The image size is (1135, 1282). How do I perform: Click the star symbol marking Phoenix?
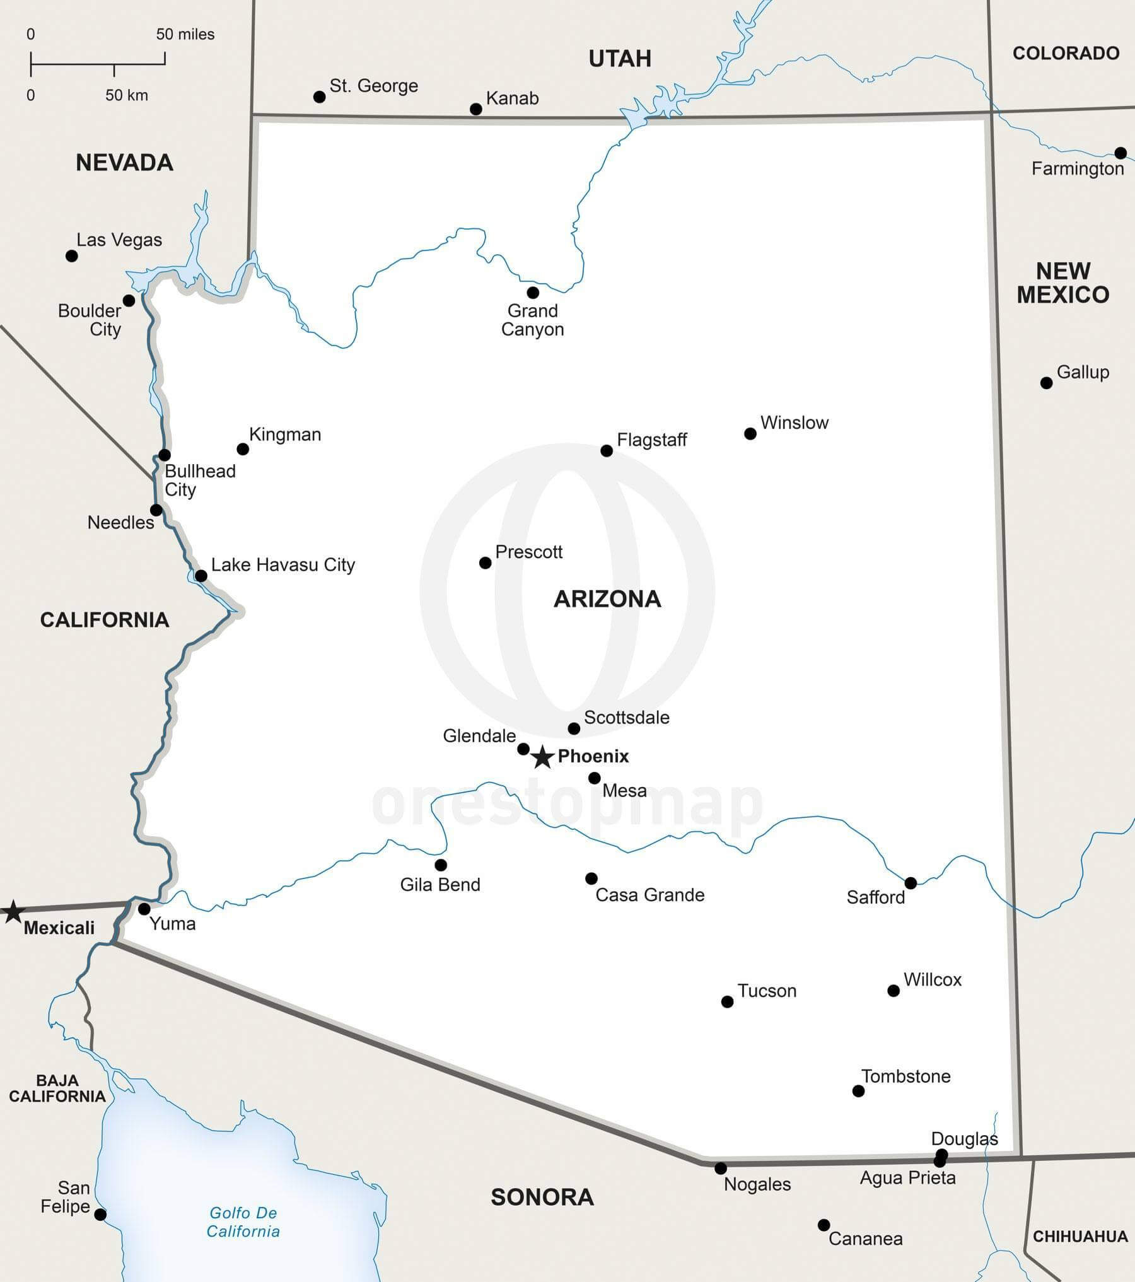click(x=542, y=757)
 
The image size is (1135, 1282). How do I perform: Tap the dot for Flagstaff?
click(x=607, y=450)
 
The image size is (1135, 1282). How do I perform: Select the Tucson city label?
click(x=767, y=991)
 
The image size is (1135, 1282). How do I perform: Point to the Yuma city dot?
click(x=144, y=909)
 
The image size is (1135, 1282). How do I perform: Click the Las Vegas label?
click(x=119, y=240)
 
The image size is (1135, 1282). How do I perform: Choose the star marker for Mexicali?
click(x=13, y=912)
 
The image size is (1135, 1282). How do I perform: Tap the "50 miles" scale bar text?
click(x=185, y=34)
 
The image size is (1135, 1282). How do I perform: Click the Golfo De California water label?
click(x=243, y=1221)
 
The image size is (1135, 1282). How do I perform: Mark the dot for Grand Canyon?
click(x=533, y=293)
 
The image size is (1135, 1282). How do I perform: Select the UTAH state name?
click(x=620, y=59)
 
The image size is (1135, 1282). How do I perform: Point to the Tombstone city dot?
click(x=858, y=1091)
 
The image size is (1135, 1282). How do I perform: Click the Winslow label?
click(x=794, y=422)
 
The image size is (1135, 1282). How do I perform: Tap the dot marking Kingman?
click(x=243, y=449)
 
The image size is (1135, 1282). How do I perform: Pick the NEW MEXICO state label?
click(x=1063, y=283)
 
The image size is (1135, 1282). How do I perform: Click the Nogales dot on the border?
click(x=720, y=1168)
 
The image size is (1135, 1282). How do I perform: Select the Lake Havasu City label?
click(x=283, y=564)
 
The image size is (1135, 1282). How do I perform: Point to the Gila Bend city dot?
click(x=441, y=865)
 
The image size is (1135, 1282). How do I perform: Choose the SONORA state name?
click(x=542, y=1197)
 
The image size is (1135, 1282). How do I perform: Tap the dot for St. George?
click(x=320, y=97)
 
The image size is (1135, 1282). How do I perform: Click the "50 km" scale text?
click(x=127, y=95)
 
